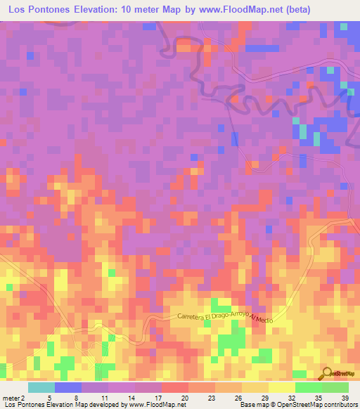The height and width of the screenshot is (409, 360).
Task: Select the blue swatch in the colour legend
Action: click(x=68, y=388)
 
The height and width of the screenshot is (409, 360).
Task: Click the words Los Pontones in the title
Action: click(x=37, y=9)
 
